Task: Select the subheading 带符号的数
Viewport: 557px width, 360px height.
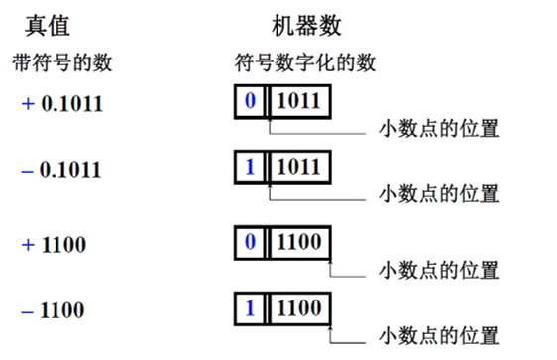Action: (x=61, y=62)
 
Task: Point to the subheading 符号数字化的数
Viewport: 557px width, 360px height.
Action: (x=304, y=62)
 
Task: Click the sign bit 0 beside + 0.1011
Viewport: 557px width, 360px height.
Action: (x=251, y=102)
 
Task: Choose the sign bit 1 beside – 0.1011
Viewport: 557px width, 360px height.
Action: (x=251, y=167)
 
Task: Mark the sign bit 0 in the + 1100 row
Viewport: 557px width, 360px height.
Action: (x=251, y=242)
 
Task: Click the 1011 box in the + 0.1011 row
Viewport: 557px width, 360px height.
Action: (x=298, y=102)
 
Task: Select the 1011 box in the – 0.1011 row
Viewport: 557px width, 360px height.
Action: (x=298, y=167)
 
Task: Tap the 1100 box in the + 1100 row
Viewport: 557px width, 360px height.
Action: (x=298, y=242)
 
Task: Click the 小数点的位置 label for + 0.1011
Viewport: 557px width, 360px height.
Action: (x=438, y=129)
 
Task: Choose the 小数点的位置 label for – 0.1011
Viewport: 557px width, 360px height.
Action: (x=438, y=193)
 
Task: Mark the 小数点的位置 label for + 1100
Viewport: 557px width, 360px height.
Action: (x=438, y=270)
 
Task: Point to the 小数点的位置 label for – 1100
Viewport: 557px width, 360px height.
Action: (x=438, y=334)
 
